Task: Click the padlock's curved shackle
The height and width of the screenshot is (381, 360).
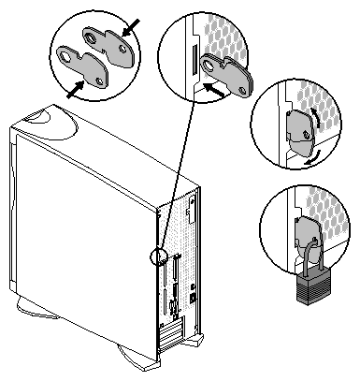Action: point(309,257)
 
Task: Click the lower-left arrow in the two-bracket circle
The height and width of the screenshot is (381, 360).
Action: point(71,91)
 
